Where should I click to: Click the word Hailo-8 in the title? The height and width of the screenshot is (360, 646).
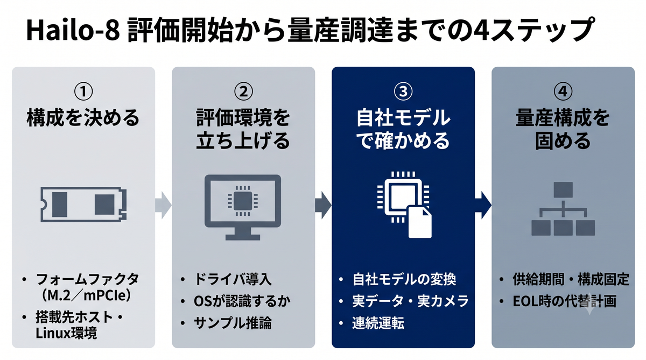pyautogui.click(x=73, y=30)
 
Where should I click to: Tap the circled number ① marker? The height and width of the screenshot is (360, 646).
pyautogui.click(x=83, y=91)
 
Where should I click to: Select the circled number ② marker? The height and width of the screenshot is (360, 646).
pyautogui.click(x=243, y=91)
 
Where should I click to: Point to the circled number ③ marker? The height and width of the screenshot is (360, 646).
pyautogui.click(x=403, y=91)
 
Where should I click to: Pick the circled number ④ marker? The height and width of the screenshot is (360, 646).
pyautogui.click(x=563, y=91)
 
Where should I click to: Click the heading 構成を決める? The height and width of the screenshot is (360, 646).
pyautogui.click(x=83, y=118)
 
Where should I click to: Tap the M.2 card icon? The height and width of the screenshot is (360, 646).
pyautogui.click(x=83, y=204)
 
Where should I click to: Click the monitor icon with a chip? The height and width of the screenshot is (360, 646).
pyautogui.click(x=243, y=207)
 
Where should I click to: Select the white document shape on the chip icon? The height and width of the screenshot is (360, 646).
pyautogui.click(x=420, y=222)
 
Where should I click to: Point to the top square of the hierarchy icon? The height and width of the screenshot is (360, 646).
pyautogui.click(x=563, y=190)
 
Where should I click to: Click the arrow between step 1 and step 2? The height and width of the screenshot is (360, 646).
pyautogui.click(x=164, y=205)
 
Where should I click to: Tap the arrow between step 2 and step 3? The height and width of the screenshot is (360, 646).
pyautogui.click(x=324, y=205)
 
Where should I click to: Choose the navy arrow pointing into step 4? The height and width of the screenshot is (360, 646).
pyautogui.click(x=483, y=205)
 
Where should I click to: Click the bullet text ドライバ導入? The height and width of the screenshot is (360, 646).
pyautogui.click(x=233, y=279)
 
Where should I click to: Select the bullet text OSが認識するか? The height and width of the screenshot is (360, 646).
pyautogui.click(x=242, y=301)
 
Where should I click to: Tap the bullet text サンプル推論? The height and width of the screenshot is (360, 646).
pyautogui.click(x=233, y=323)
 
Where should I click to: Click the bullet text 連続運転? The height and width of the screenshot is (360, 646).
pyautogui.click(x=378, y=323)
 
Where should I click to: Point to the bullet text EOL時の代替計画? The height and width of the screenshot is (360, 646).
pyautogui.click(x=564, y=301)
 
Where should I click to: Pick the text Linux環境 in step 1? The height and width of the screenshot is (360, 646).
pyautogui.click(x=66, y=333)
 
